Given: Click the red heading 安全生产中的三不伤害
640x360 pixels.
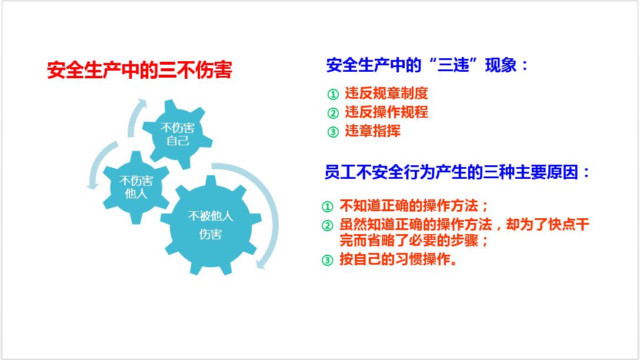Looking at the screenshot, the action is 139,70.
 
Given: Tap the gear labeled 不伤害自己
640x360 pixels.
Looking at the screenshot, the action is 177,134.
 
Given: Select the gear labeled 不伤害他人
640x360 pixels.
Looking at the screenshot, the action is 136,187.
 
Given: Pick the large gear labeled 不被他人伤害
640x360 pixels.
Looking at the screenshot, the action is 211,225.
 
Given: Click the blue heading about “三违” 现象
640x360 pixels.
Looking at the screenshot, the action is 427,65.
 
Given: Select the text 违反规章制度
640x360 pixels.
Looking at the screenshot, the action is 386,94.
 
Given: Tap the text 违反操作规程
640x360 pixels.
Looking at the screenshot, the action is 386,112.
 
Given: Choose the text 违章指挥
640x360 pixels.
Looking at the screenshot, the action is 372,131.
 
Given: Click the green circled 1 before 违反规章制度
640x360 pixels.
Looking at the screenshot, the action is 333,95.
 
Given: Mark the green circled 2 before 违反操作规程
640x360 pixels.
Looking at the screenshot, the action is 333,113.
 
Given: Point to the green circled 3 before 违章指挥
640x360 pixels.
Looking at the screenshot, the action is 333,132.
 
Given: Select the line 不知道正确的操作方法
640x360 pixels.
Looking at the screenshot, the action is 414,206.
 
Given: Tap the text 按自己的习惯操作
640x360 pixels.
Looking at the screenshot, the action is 398,259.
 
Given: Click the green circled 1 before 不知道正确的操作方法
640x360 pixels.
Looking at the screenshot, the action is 327,206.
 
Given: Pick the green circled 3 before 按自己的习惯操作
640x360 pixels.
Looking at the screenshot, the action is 327,260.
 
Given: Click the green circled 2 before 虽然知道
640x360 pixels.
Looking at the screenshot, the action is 327,225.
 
